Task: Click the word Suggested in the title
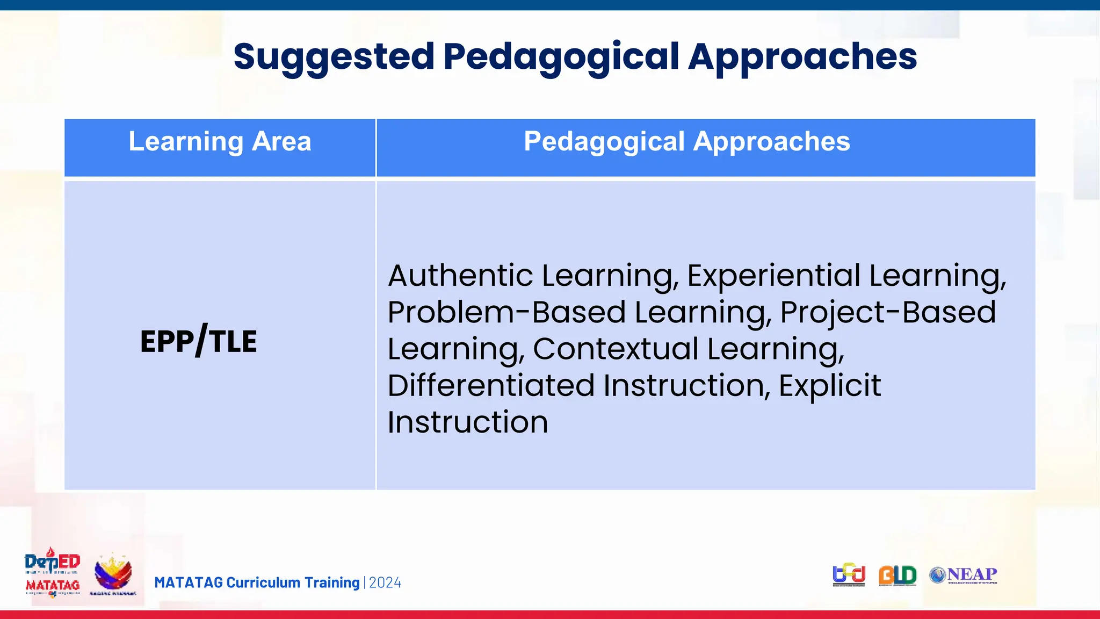(x=334, y=57)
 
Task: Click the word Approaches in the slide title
(x=802, y=57)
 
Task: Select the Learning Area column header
(x=220, y=142)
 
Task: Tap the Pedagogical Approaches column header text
(x=686, y=142)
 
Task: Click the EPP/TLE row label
(x=199, y=341)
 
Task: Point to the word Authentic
(x=460, y=276)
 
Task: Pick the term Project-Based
(x=887, y=312)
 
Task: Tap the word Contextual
(x=615, y=349)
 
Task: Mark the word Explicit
(x=829, y=386)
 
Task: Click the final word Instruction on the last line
(x=467, y=422)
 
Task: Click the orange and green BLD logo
(x=897, y=575)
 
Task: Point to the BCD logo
(x=849, y=575)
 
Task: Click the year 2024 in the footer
(x=385, y=583)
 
